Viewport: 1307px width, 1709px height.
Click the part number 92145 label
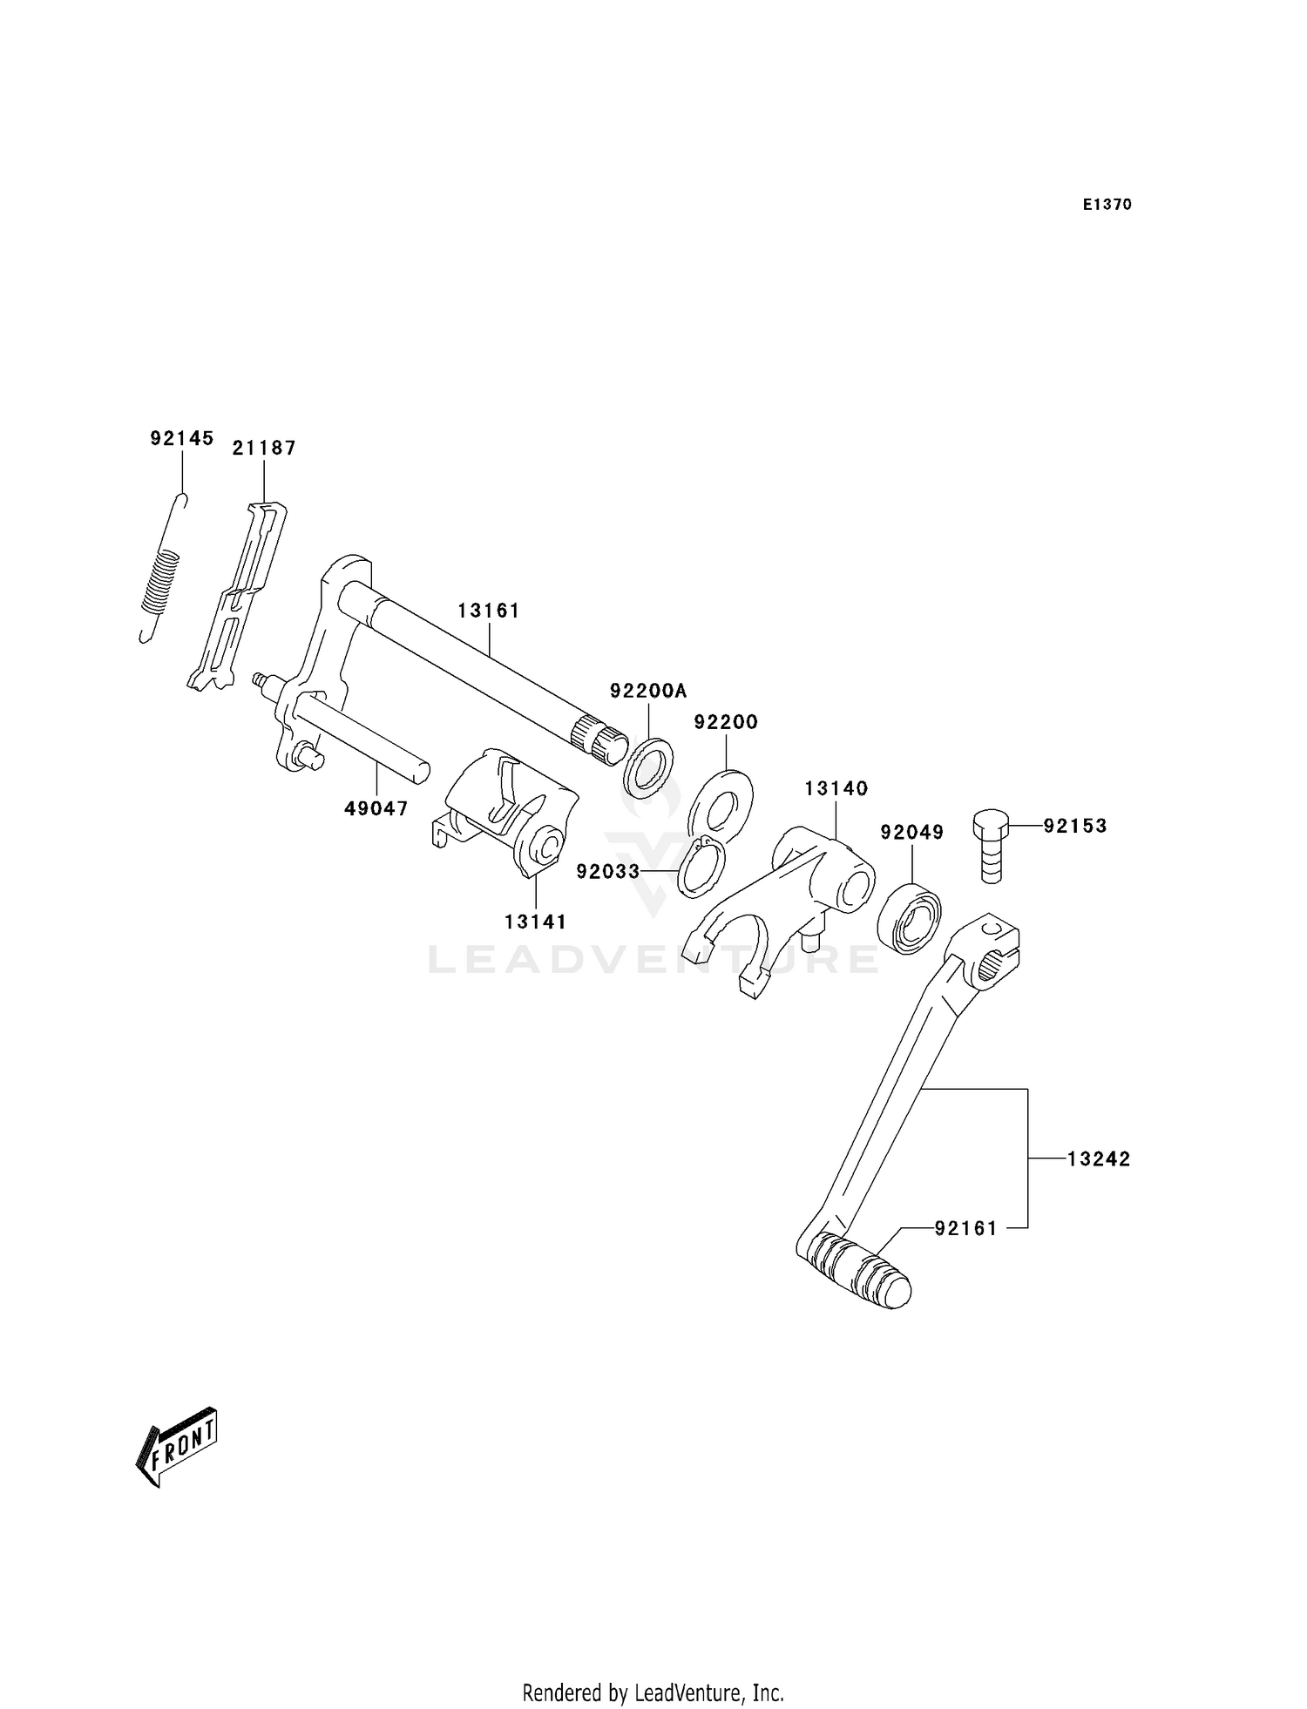181,438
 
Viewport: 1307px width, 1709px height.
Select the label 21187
264,448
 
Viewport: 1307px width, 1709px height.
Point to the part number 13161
489,611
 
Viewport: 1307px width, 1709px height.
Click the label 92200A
648,691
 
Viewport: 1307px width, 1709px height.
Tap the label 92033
607,871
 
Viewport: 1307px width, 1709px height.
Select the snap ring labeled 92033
702,866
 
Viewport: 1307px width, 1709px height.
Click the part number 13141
535,922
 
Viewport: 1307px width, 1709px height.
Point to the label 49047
376,808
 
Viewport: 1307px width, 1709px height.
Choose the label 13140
836,788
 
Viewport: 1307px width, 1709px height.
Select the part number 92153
1075,825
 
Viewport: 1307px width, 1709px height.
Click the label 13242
1099,1158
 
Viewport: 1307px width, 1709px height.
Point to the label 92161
965,1228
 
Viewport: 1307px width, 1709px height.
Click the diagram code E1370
1107,205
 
